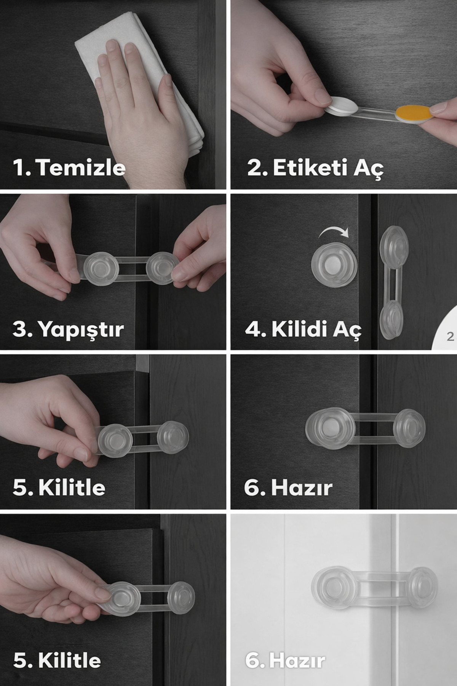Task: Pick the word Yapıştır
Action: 81,329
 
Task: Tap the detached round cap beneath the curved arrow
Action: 334,264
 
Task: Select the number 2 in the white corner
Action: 451,337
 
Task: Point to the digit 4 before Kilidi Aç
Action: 253,329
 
